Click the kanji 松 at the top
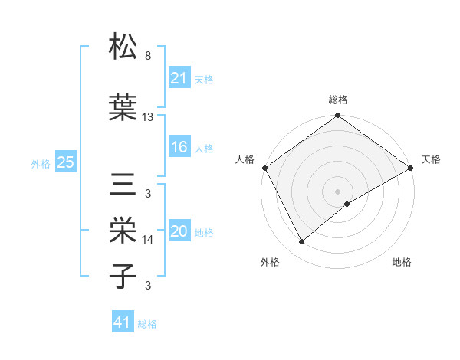click(x=123, y=47)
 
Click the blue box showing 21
click(x=179, y=78)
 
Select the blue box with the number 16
click(x=179, y=148)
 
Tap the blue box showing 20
click(x=179, y=232)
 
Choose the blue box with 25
click(x=65, y=162)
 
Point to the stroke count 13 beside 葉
click(x=149, y=117)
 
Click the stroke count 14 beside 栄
click(x=149, y=240)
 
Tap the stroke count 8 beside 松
click(x=148, y=56)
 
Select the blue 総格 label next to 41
click(x=147, y=324)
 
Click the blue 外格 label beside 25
click(x=41, y=163)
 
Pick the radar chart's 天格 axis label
click(x=432, y=159)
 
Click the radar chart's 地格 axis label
click(x=402, y=262)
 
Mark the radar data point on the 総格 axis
click(x=337, y=116)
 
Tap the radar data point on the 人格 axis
click(x=265, y=168)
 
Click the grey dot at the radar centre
click(x=337, y=191)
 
